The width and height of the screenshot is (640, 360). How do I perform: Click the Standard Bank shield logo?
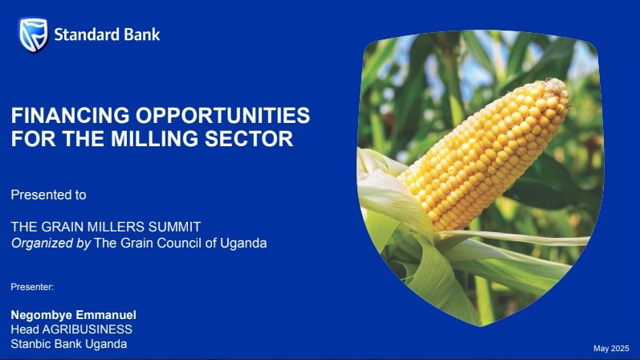(x=33, y=35)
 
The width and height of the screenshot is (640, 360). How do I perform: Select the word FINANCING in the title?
(x=70, y=115)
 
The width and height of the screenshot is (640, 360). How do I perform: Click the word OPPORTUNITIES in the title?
(x=223, y=115)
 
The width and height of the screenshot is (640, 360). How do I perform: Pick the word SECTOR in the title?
(x=249, y=138)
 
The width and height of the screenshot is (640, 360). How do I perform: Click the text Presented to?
(x=48, y=195)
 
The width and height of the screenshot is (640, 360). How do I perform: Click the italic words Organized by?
(x=51, y=243)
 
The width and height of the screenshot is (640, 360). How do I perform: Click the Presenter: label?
(x=32, y=287)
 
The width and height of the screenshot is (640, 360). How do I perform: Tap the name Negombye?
(x=41, y=316)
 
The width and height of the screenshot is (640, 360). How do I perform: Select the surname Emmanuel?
(x=106, y=315)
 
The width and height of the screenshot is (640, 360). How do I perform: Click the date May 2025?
(x=611, y=349)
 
